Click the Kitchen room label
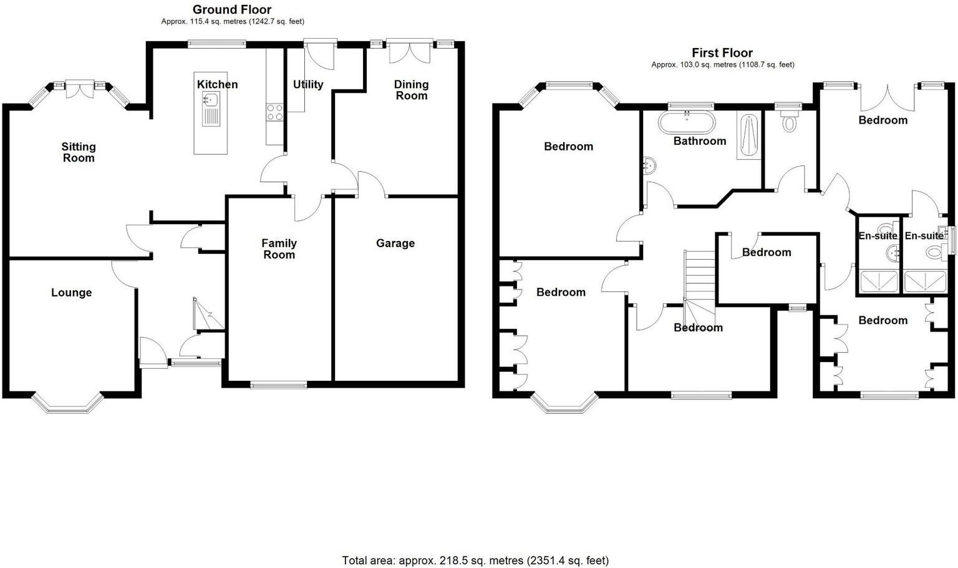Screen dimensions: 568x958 217,84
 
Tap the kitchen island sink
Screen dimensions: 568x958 210,99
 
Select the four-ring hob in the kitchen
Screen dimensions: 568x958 275,112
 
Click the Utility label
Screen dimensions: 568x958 308,84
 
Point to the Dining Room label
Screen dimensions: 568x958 411,89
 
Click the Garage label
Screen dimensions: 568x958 395,243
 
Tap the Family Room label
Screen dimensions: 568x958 279,248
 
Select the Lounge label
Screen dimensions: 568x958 71,293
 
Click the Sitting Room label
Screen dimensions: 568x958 79,152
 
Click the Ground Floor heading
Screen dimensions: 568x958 232,9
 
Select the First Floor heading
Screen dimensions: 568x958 722,53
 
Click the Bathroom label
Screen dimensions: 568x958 700,141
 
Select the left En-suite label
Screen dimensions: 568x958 878,236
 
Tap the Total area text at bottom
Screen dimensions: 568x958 475,561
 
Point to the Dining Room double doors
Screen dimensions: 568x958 409,51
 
